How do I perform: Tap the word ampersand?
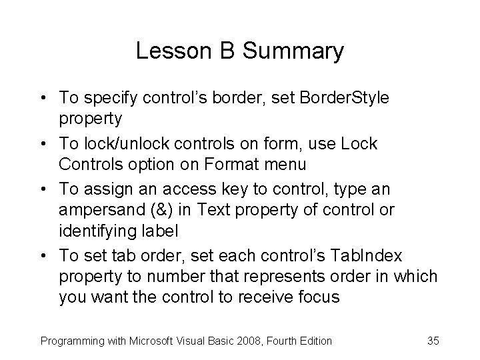tap(97, 209)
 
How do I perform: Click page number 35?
tap(433, 341)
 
